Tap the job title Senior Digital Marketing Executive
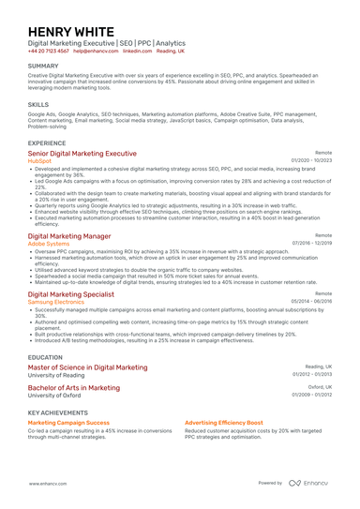pyautogui.click(x=82, y=153)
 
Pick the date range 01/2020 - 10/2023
pyautogui.click(x=312, y=161)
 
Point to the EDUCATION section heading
pyautogui.click(x=46, y=358)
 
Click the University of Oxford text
pyautogui.click(x=55, y=396)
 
